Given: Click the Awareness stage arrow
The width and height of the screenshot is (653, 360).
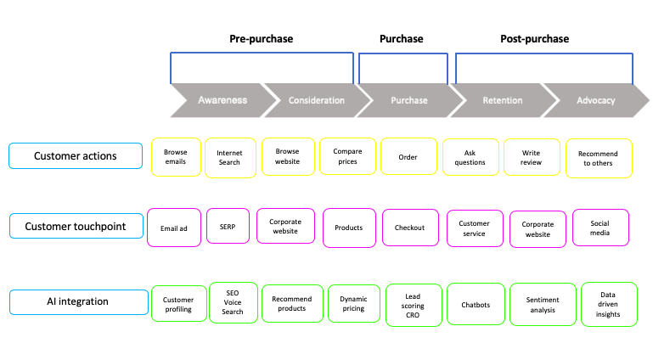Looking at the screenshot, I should tap(222, 100).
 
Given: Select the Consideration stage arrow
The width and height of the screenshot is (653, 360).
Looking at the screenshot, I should tap(316, 100).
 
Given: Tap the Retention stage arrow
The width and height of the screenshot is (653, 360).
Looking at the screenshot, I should tap(502, 100).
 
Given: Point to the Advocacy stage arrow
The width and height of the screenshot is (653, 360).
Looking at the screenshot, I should tap(595, 100).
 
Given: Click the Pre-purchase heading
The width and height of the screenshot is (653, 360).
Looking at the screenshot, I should tap(261, 39).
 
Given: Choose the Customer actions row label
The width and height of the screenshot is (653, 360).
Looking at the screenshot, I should tap(76, 156).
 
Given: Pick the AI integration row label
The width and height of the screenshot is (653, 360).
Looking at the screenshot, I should tap(76, 301).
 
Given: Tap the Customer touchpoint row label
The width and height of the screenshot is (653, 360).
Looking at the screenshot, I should tap(76, 227).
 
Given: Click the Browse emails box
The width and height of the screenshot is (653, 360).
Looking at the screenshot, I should tap(176, 156).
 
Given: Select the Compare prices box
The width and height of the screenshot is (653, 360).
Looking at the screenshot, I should tap(347, 156).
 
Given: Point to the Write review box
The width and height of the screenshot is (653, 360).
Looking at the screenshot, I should tap(531, 157).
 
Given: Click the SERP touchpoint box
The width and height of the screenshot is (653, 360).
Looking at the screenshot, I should tap(228, 228).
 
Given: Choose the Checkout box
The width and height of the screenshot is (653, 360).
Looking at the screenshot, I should tap(409, 228).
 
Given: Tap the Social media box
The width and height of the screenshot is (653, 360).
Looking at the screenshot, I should tap(601, 227).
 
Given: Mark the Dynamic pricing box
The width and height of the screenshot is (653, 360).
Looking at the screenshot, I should tap(353, 304).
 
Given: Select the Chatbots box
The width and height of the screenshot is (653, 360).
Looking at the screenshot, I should tap(475, 305).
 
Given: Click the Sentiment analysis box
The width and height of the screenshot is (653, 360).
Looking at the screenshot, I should tap(543, 305).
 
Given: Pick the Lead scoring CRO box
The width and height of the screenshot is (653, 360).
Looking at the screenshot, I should tap(414, 305).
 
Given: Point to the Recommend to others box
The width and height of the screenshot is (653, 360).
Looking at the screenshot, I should tap(599, 158).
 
